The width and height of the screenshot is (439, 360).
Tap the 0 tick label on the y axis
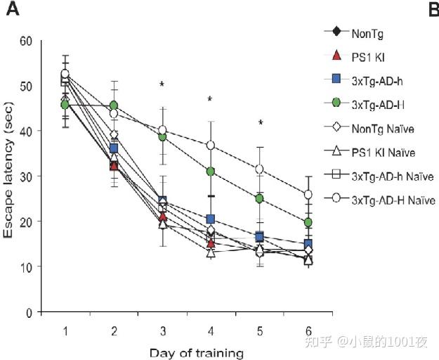point(29,311)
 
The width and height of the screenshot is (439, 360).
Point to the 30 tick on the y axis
point(26,176)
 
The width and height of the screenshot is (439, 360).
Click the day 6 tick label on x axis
point(308,330)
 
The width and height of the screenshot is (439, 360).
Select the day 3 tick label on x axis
point(162,330)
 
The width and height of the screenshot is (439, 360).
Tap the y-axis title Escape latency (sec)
point(10,175)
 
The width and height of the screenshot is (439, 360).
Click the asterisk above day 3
point(162,85)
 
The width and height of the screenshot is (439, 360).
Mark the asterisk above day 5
point(260,124)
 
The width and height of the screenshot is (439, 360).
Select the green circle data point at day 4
point(211,171)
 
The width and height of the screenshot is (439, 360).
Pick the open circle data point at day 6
point(308,194)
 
